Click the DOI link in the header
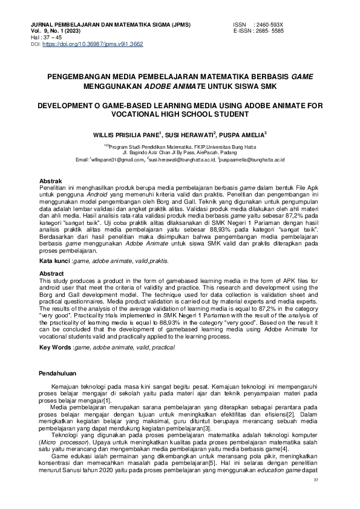[92, 44]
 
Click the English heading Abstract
[51, 274]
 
